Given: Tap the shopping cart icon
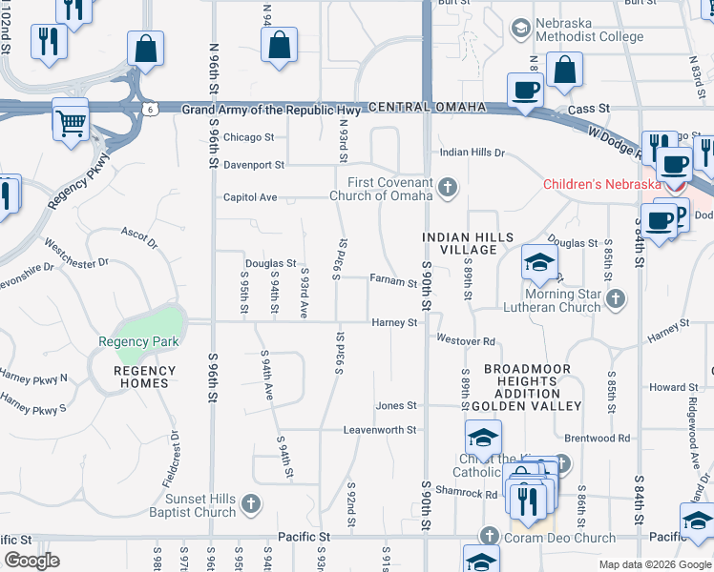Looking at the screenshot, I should pyautogui.click(x=71, y=120).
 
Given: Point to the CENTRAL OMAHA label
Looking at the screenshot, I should pyautogui.click(x=420, y=108).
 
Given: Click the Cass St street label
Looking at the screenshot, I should pyautogui.click(x=589, y=110).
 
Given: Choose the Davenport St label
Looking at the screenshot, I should pyautogui.click(x=254, y=165).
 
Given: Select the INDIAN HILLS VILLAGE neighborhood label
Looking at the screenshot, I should pyautogui.click(x=469, y=243).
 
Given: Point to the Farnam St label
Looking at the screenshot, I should pyautogui.click(x=394, y=281).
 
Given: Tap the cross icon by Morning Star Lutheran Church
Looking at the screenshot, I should pyautogui.click(x=616, y=299).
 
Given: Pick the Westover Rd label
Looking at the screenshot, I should pyautogui.click(x=466, y=340).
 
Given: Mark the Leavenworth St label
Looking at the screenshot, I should pyautogui.click(x=381, y=430).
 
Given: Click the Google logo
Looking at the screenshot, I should pyautogui.click(x=32, y=561).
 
